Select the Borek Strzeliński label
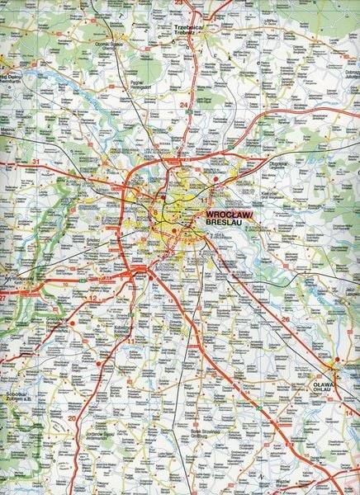pyautogui.click(x=201, y=430)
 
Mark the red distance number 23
pyautogui.click(x=179, y=3)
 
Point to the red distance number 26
pyautogui.click(x=285, y=318)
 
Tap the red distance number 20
pyautogui.click(x=72, y=418)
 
